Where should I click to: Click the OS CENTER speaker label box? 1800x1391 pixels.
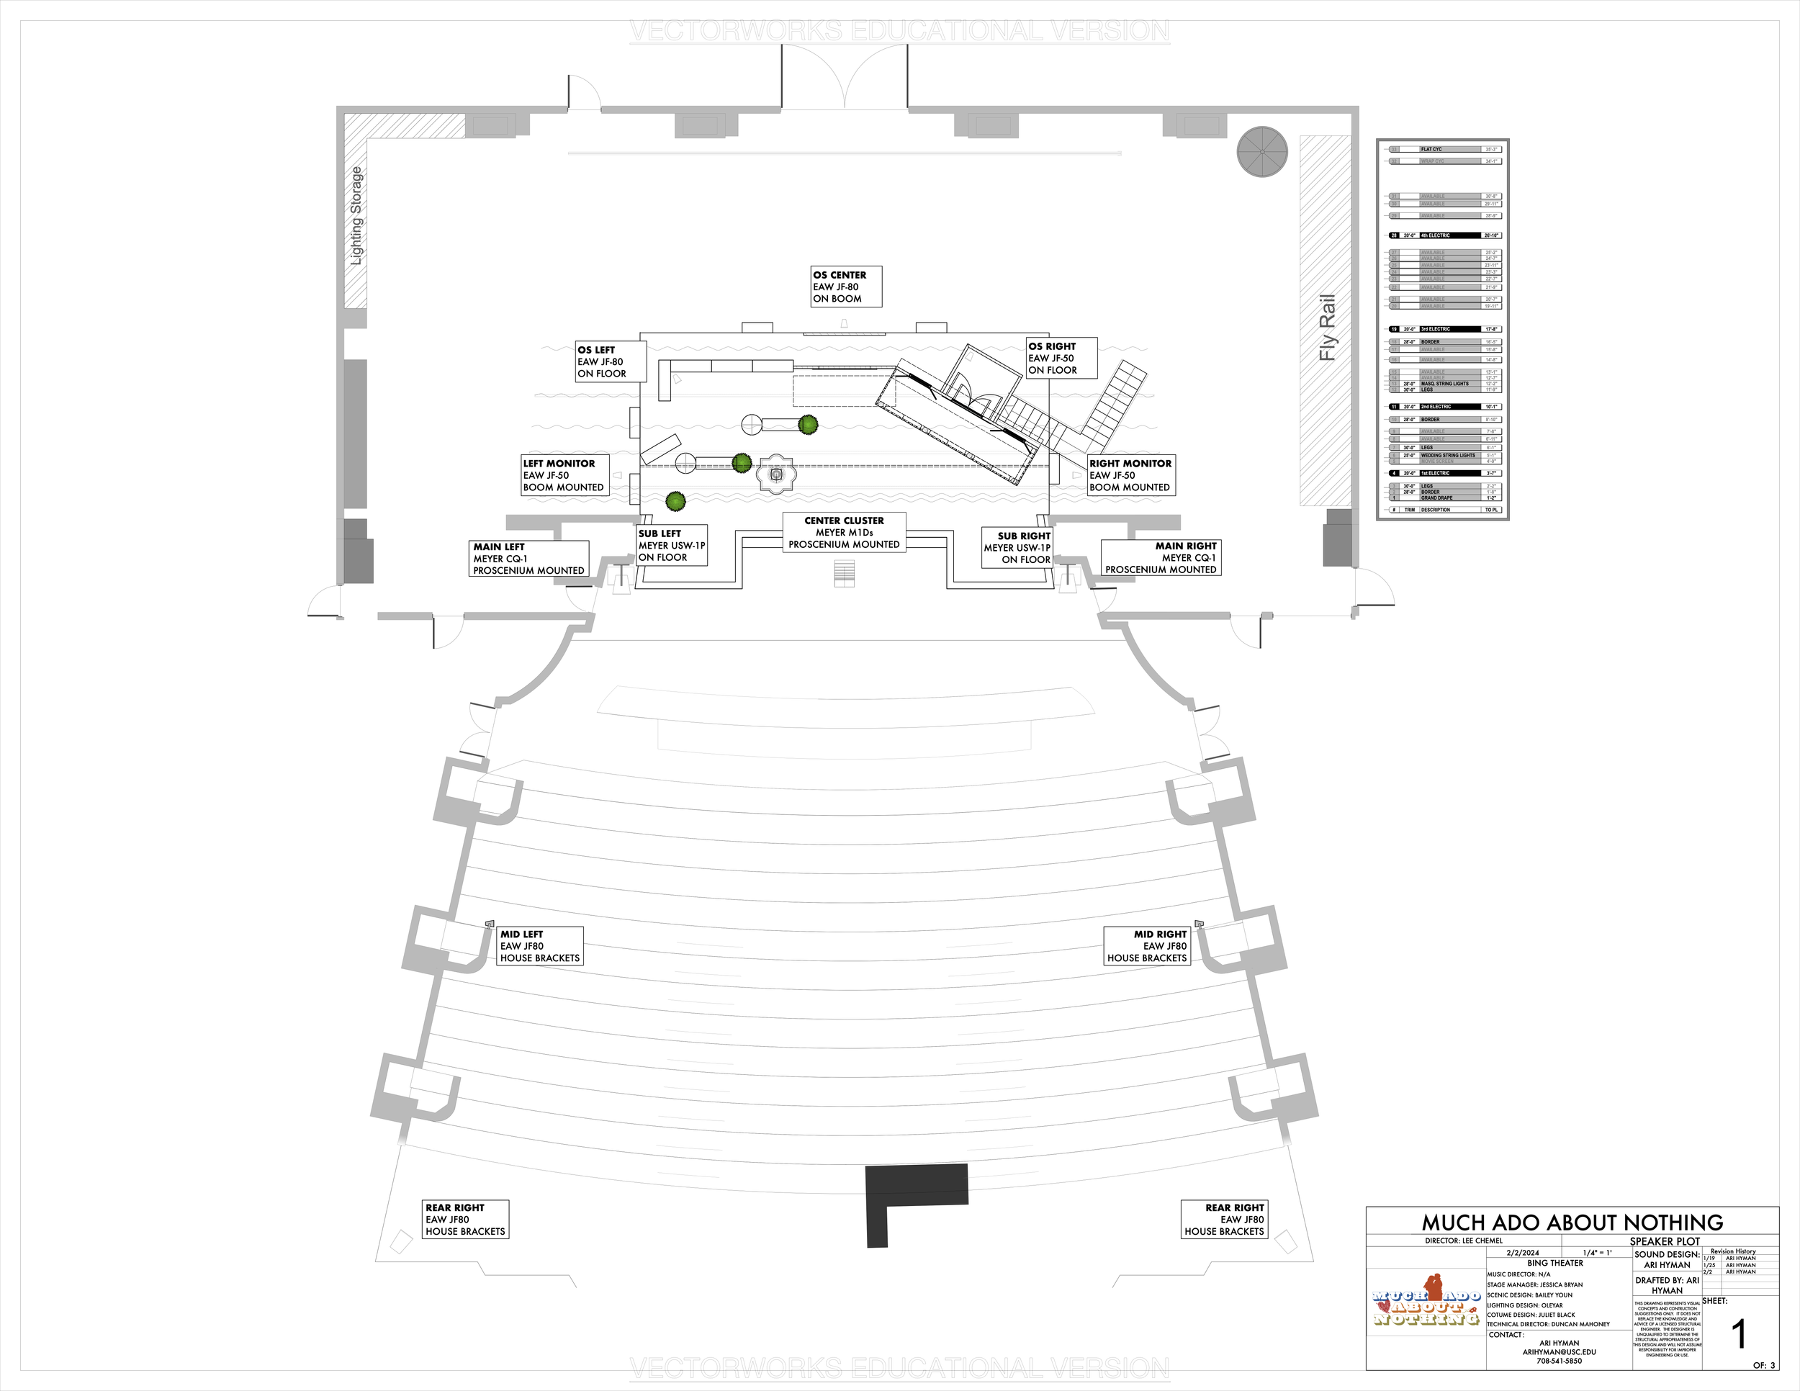[x=845, y=287]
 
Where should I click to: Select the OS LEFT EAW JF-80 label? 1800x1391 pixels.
[x=610, y=361]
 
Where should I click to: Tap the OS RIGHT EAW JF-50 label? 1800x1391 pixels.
[x=1061, y=359]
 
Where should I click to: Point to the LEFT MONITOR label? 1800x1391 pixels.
[x=564, y=475]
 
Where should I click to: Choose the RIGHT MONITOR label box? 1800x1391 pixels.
[x=1131, y=475]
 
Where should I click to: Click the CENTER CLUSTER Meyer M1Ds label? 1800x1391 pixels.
[x=844, y=532]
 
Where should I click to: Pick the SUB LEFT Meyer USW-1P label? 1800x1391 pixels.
[x=672, y=546]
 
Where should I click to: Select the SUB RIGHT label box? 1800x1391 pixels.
[x=1018, y=547]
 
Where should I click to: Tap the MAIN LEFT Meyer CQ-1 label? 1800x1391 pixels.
[x=528, y=559]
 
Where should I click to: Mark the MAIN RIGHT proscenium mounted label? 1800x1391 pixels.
[x=1161, y=558]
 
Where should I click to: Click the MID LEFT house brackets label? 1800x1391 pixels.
[x=541, y=946]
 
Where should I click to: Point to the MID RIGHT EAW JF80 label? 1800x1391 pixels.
[x=1147, y=946]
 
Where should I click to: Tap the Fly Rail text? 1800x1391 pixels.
[x=1327, y=327]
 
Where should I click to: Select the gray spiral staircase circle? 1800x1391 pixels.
[x=1262, y=152]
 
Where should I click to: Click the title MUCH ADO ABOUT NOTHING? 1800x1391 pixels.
[x=1572, y=1222]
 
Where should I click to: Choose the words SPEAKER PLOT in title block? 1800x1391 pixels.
[x=1664, y=1241]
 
